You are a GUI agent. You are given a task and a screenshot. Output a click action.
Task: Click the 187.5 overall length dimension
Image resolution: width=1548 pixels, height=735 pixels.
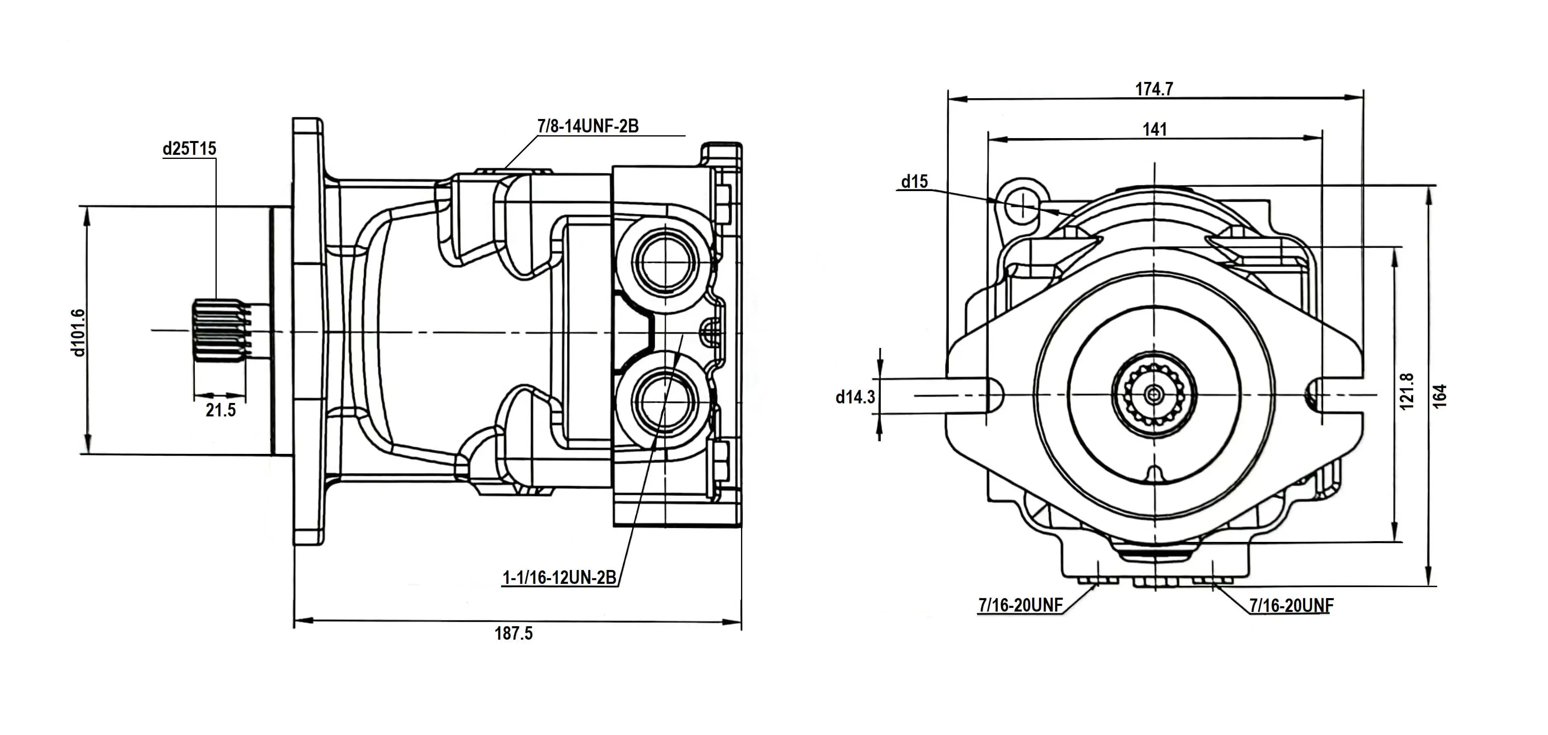coord(513,634)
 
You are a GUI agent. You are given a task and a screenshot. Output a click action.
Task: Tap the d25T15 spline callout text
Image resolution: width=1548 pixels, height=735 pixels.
coord(189,148)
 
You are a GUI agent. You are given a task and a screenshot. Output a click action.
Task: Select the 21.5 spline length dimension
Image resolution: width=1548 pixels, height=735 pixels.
coord(220,410)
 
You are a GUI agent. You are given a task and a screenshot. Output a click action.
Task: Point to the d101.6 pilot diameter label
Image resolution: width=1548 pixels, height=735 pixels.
coord(79,332)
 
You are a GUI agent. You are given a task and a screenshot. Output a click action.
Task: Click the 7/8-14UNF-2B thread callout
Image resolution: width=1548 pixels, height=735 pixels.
coord(588,126)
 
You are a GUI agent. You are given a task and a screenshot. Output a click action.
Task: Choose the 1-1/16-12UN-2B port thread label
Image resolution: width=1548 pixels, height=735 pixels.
coord(559,578)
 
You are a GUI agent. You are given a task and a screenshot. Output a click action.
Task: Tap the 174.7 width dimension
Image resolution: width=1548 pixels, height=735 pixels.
coord(1154,89)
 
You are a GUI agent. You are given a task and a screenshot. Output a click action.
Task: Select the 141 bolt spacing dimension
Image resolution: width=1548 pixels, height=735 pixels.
coord(1154,129)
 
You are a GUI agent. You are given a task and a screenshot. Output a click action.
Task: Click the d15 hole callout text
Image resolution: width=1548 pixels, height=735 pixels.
coord(914,181)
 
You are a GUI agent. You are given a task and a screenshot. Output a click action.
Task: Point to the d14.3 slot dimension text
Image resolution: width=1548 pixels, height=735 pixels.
coord(855,397)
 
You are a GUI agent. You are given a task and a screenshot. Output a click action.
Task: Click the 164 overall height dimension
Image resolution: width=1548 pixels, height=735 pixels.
coord(1440,397)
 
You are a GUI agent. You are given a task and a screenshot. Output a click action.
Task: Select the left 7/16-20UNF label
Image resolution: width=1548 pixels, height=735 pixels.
coord(1020,605)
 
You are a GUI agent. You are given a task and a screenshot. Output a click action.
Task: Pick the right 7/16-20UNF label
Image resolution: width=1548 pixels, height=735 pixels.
coord(1291,605)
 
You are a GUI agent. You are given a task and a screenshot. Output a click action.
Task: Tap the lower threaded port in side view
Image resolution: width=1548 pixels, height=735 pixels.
coord(666,400)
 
